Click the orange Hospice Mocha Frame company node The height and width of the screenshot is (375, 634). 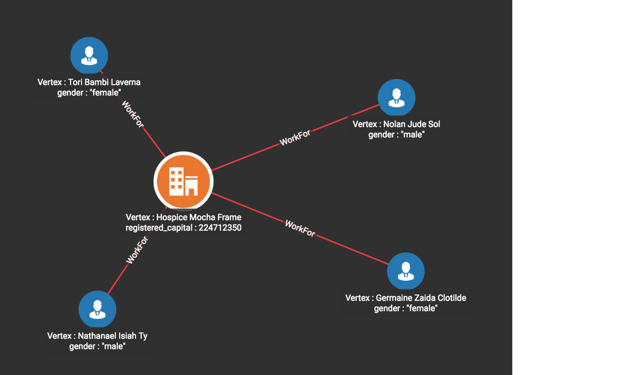(184, 181)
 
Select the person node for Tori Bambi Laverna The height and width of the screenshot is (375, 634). (89, 55)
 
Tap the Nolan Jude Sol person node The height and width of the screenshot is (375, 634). (396, 97)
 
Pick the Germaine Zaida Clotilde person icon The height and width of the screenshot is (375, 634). (406, 271)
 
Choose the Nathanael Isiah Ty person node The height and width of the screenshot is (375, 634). (97, 309)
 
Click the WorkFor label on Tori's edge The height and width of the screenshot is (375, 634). (133, 114)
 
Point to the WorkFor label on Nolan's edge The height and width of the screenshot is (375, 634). (295, 137)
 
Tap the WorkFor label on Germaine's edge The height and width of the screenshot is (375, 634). (300, 228)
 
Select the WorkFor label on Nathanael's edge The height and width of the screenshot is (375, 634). (137, 250)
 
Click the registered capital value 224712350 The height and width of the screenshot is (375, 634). (220, 228)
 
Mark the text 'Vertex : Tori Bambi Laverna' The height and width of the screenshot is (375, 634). (89, 82)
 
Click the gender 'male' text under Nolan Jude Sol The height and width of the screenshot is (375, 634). (396, 134)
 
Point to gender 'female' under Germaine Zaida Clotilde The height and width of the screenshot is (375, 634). (406, 308)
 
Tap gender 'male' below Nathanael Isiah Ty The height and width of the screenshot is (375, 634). (97, 346)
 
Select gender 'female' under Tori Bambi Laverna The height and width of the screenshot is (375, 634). (89, 93)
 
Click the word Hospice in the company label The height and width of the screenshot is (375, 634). (171, 217)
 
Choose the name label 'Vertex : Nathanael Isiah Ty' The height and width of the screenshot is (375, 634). (97, 336)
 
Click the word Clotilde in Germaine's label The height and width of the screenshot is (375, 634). (452, 298)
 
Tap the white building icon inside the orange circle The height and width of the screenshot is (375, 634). (184, 182)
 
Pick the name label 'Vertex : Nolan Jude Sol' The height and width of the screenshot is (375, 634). (396, 124)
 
